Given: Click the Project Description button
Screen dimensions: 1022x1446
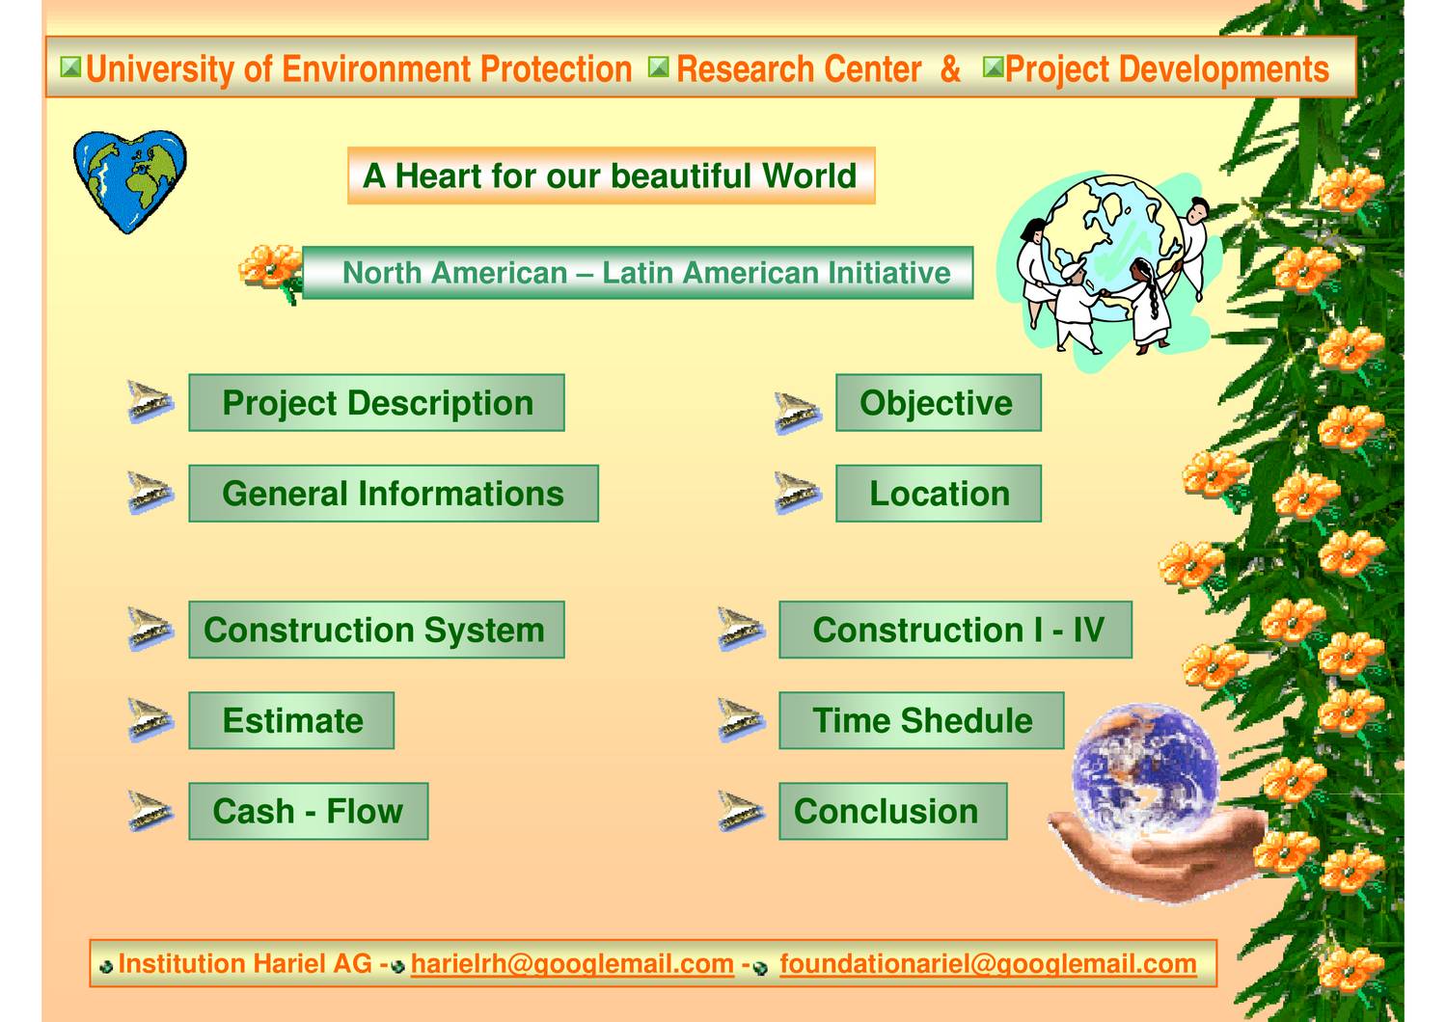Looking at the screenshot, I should click(376, 403).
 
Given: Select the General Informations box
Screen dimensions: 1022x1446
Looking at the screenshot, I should click(393, 494).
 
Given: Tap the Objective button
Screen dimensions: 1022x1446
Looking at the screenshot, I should click(938, 403).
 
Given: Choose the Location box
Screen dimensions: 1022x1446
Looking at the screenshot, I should click(938, 494).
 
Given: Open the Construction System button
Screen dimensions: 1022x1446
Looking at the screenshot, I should click(376, 630).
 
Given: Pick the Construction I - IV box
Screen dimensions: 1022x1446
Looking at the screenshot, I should click(955, 630).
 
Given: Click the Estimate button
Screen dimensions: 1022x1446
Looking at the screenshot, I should click(291, 720).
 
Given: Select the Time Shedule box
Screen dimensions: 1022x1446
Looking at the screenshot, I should click(921, 720).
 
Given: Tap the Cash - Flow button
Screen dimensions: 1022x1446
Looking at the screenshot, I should click(308, 811).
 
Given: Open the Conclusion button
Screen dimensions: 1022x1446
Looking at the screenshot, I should click(892, 811).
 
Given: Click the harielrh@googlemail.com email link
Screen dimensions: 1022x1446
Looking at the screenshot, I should click(572, 963).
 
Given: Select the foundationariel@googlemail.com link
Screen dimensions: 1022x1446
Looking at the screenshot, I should click(988, 963).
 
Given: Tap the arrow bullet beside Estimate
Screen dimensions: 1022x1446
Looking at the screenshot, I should click(150, 721).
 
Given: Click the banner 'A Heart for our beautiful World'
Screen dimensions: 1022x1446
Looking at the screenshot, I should click(611, 175).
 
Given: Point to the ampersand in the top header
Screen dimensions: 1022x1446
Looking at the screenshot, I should click(950, 69).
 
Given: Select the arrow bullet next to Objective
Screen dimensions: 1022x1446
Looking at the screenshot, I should click(798, 413).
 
